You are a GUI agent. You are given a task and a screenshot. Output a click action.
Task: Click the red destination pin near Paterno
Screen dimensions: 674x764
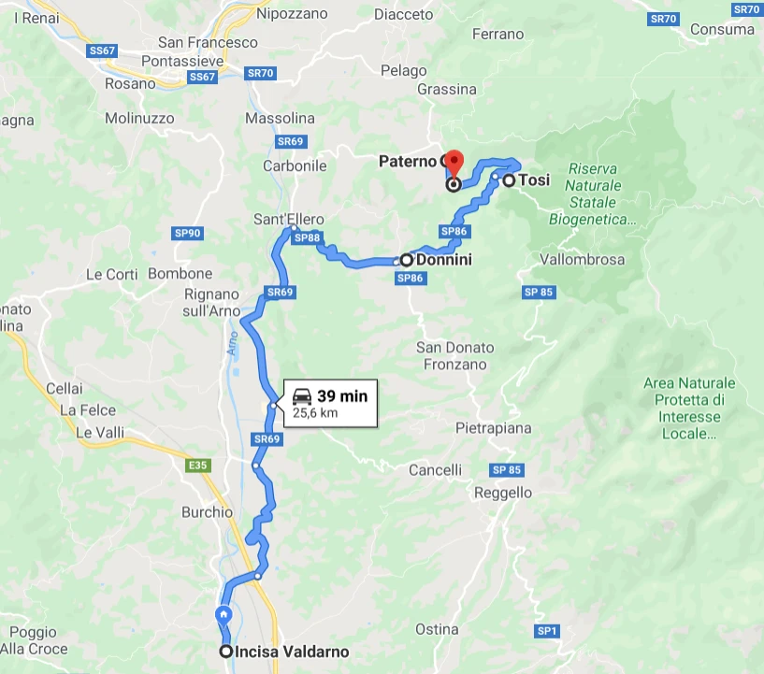453,162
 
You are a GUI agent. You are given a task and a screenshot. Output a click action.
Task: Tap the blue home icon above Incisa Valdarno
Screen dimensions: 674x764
224,614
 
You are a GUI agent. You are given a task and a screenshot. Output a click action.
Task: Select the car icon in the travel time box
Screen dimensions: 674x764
302,395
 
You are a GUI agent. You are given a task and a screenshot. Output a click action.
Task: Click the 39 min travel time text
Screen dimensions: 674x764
342,395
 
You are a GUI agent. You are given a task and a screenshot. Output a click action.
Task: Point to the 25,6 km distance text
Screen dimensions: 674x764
315,411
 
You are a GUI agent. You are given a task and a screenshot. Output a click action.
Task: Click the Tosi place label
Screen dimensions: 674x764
535,180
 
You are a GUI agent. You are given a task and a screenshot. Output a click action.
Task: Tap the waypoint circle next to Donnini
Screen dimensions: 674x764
407,260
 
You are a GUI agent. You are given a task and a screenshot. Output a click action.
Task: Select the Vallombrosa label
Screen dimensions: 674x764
582,260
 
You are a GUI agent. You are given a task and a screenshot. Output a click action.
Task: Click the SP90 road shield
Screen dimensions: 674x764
188,234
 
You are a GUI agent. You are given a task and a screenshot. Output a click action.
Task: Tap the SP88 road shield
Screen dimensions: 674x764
307,238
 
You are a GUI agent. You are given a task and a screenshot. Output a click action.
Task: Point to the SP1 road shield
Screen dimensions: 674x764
547,632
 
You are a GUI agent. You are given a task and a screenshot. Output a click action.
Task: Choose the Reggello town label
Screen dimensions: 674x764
503,493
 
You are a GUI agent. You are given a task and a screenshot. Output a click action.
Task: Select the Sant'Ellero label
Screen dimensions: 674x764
289,220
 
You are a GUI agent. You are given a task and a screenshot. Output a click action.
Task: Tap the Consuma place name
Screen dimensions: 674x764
722,29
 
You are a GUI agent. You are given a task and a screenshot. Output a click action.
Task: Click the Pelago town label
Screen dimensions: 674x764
404,70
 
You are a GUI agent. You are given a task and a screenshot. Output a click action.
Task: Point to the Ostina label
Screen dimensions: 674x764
436,628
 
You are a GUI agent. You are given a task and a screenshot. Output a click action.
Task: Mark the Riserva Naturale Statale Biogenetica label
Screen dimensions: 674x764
591,194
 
